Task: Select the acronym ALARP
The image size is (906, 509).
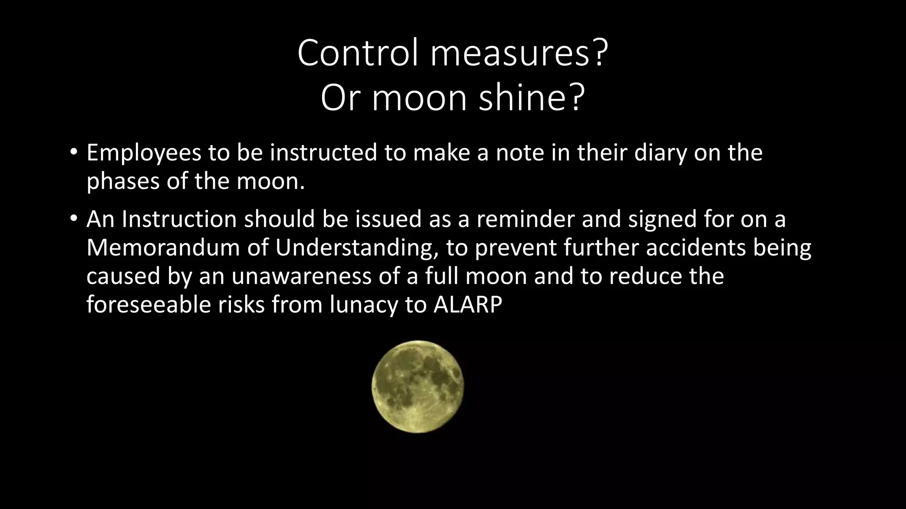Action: tap(468, 305)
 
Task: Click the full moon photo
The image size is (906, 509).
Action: tap(418, 387)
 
